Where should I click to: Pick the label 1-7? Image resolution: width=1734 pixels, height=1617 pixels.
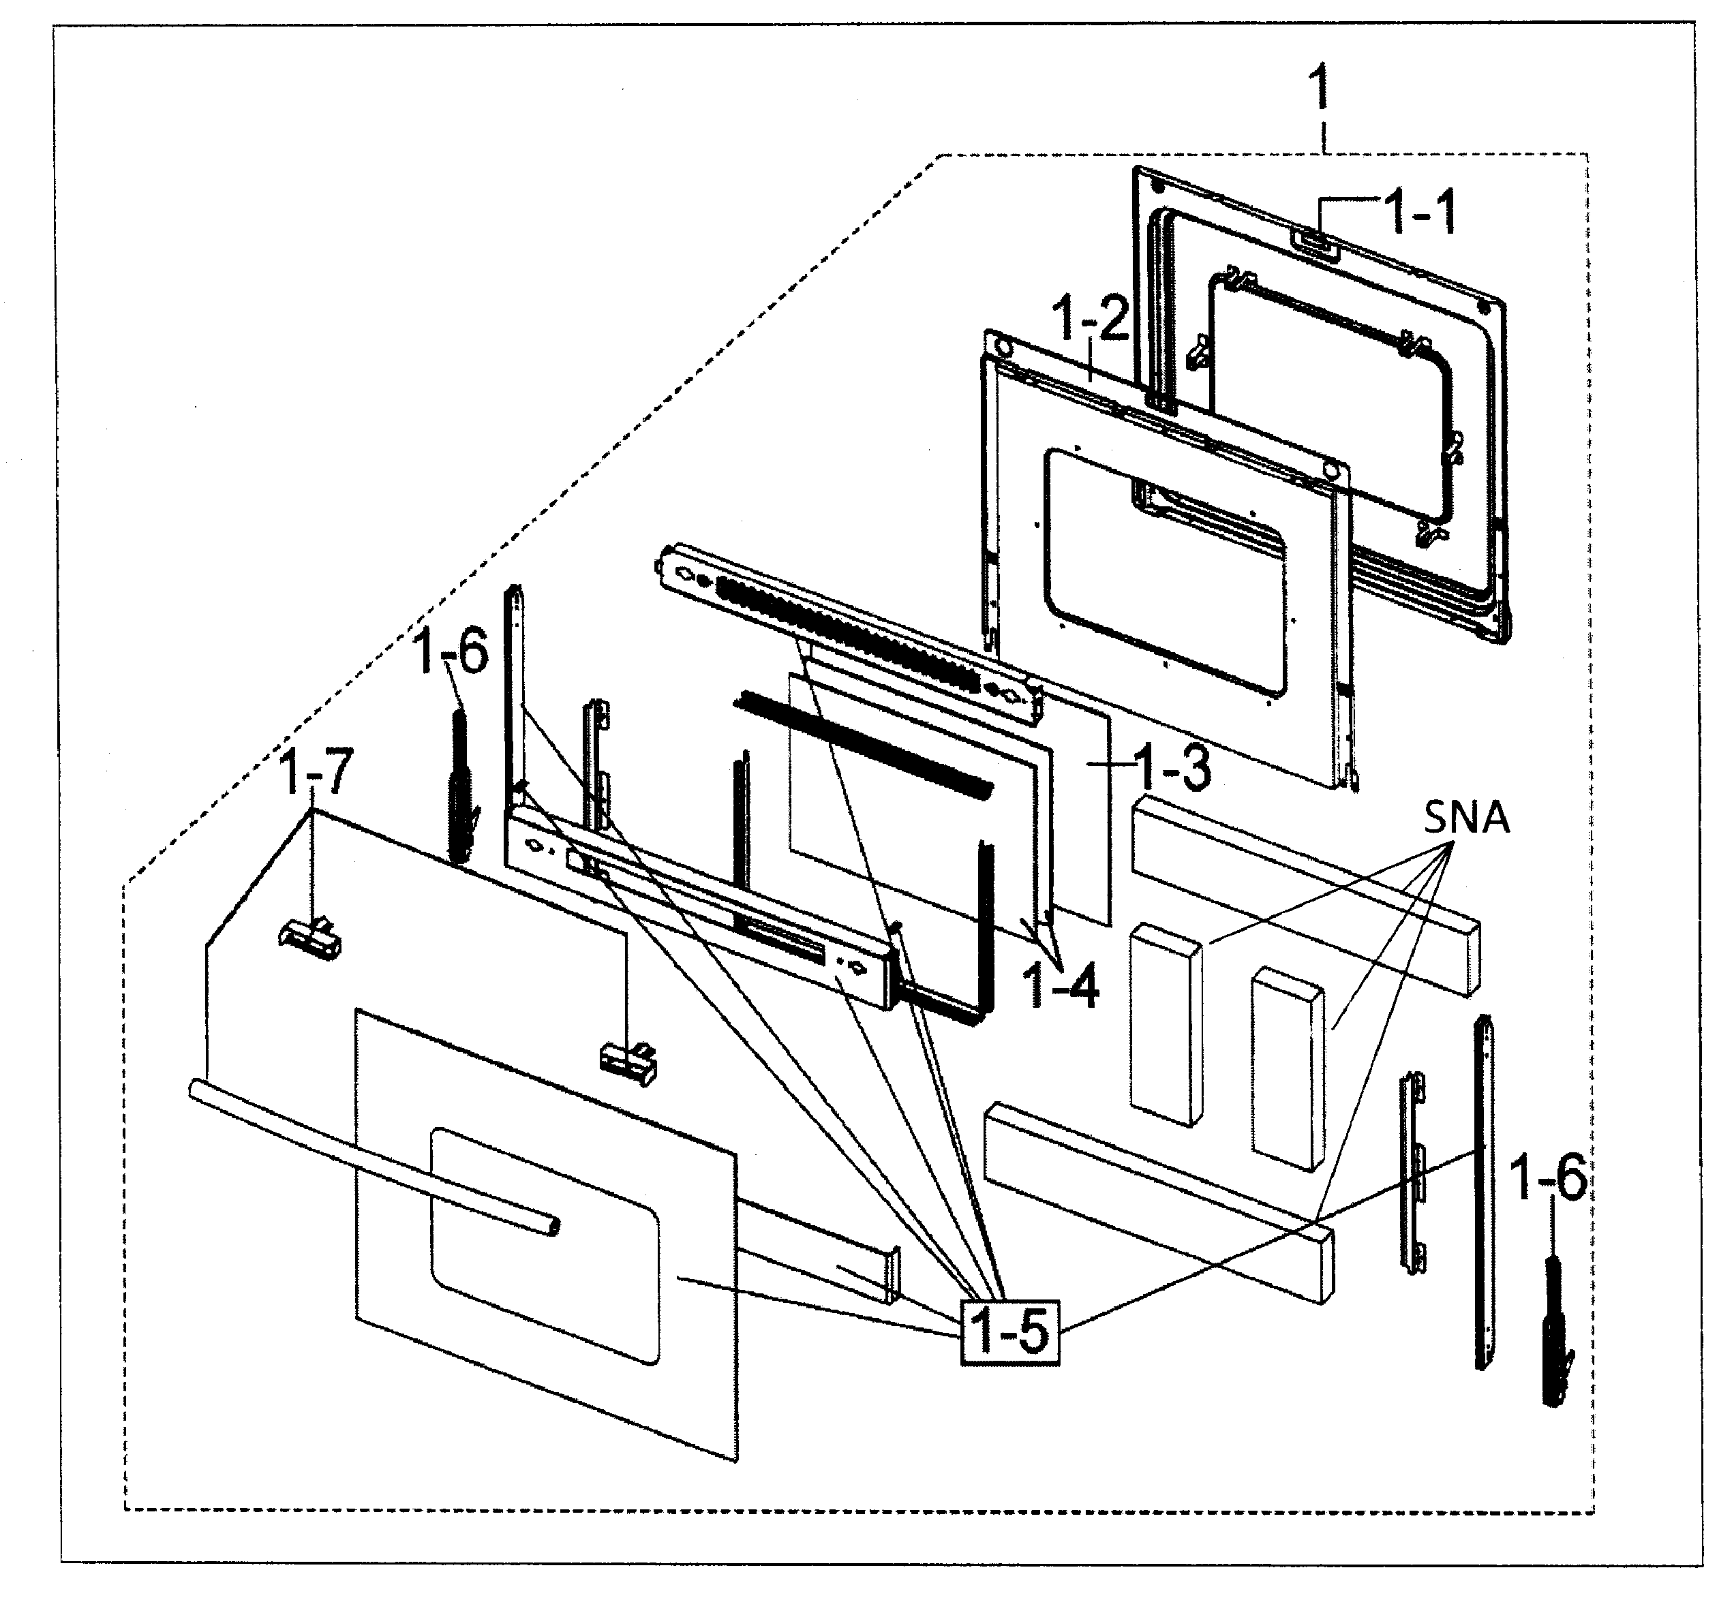pyautogui.click(x=316, y=772)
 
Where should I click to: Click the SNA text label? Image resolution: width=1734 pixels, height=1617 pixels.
pyautogui.click(x=1466, y=818)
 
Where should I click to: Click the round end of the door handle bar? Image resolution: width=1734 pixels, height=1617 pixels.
pyautogui.click(x=550, y=1227)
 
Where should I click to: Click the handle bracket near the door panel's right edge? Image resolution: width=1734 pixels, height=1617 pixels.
pyautogui.click(x=628, y=1063)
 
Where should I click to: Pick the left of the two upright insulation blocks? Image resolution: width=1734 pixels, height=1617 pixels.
pyautogui.click(x=1166, y=1026)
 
